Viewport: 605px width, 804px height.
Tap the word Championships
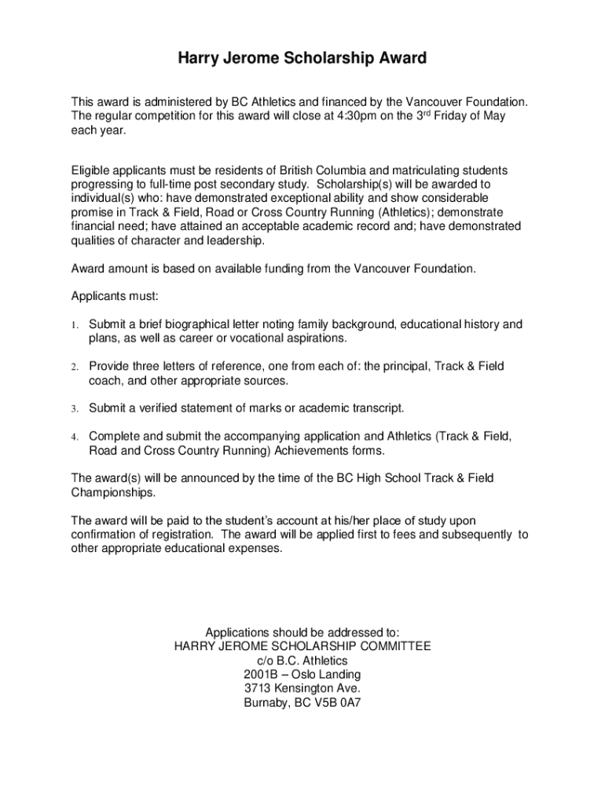(113, 492)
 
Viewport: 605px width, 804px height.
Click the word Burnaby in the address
(266, 703)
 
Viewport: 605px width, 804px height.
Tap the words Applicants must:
(115, 297)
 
